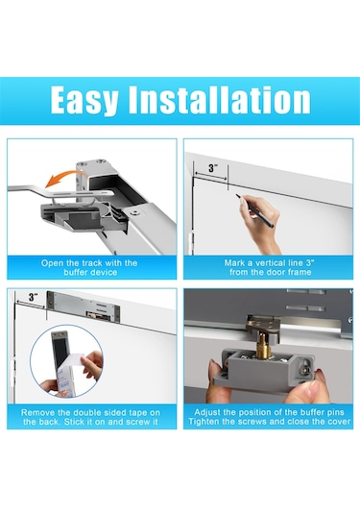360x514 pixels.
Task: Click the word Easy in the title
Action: coord(84,100)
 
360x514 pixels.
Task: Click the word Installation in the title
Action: coord(219,100)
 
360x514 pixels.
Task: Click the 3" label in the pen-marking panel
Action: coord(212,168)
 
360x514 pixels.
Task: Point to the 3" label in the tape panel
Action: coord(33,297)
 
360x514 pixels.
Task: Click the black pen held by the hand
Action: coord(254,210)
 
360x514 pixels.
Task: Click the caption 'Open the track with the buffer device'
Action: coord(89,267)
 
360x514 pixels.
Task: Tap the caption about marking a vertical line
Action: coord(269,267)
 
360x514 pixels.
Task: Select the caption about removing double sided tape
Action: coord(90,417)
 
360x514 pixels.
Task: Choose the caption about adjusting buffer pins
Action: coord(269,417)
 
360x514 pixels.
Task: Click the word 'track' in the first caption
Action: coord(92,263)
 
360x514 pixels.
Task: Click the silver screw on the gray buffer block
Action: coord(305,367)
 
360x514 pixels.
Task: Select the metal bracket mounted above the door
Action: coord(84,306)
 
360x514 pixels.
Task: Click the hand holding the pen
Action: coord(260,223)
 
